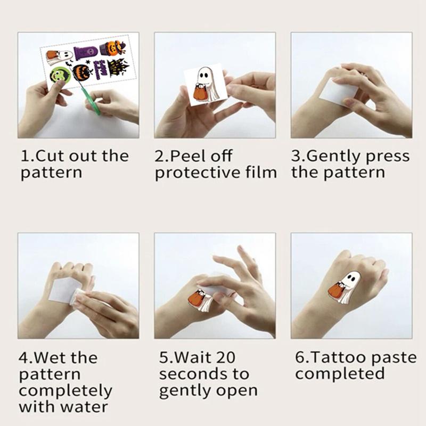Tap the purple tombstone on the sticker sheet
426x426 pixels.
tap(85, 54)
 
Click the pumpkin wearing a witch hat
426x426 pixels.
tap(112, 50)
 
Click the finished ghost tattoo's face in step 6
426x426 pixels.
tap(352, 278)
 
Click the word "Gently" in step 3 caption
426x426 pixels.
tap(347, 156)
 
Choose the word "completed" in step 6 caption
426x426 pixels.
tap(340, 373)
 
